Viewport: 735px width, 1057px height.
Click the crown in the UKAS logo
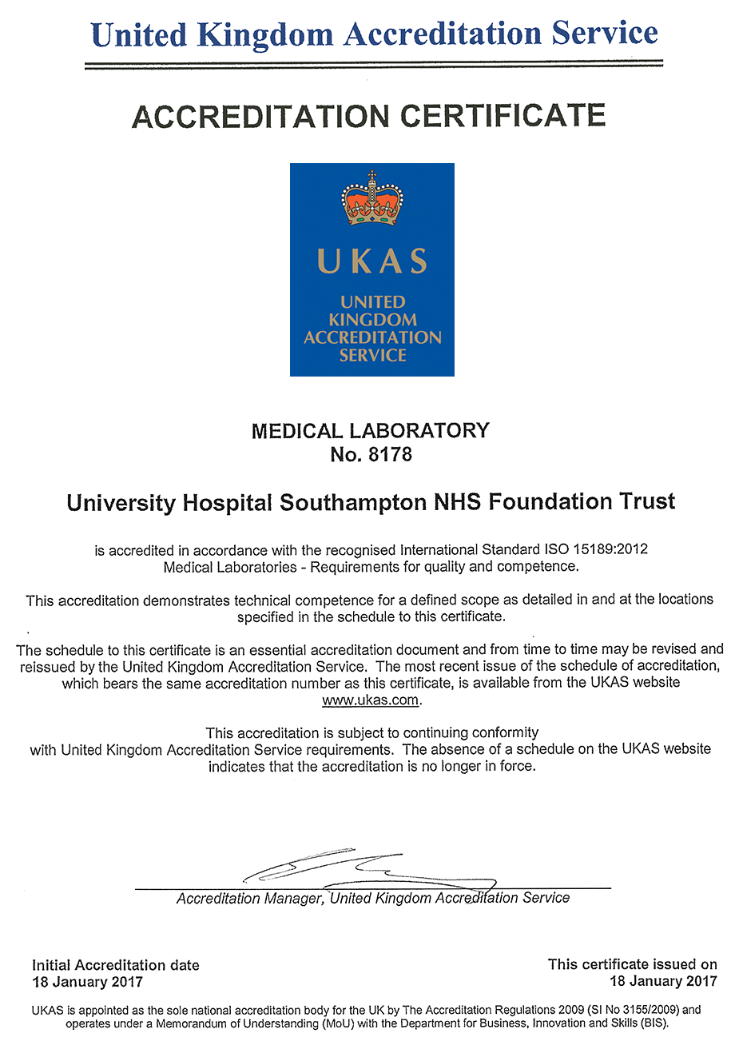pyautogui.click(x=372, y=199)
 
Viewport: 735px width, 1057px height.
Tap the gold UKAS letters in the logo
pyautogui.click(x=372, y=261)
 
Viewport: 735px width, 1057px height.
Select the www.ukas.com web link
pyautogui.click(x=371, y=700)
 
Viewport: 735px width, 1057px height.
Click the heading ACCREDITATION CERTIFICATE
pyautogui.click(x=368, y=117)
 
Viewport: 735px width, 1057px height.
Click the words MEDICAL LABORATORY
pyautogui.click(x=371, y=431)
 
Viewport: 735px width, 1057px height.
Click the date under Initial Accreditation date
pyautogui.click(x=87, y=983)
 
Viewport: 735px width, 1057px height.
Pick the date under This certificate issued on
pyautogui.click(x=663, y=982)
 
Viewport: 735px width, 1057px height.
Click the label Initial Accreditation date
pyautogui.click(x=116, y=965)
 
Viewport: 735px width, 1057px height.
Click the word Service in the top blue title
pyautogui.click(x=605, y=34)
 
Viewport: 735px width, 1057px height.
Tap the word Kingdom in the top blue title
pyautogui.click(x=265, y=34)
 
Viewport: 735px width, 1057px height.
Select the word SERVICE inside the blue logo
pyautogui.click(x=372, y=355)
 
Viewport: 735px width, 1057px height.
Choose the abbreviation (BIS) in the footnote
pyautogui.click(x=654, y=1023)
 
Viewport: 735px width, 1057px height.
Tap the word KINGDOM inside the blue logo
pyautogui.click(x=372, y=320)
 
